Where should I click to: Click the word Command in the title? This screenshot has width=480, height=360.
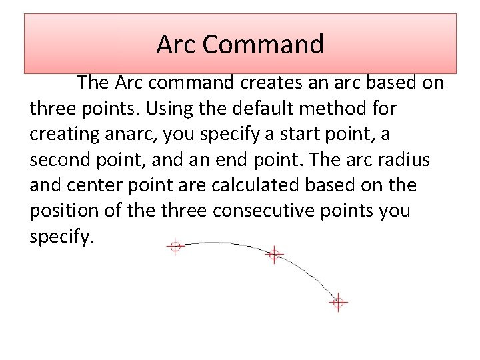pyautogui.click(x=263, y=45)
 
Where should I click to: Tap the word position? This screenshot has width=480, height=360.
pyautogui.click(x=58, y=211)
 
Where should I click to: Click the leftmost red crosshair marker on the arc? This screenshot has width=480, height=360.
pyautogui.click(x=175, y=247)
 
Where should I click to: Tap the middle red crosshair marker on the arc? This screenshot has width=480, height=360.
pyautogui.click(x=273, y=254)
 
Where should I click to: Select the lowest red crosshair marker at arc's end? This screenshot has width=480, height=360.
pyautogui.click(x=338, y=303)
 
